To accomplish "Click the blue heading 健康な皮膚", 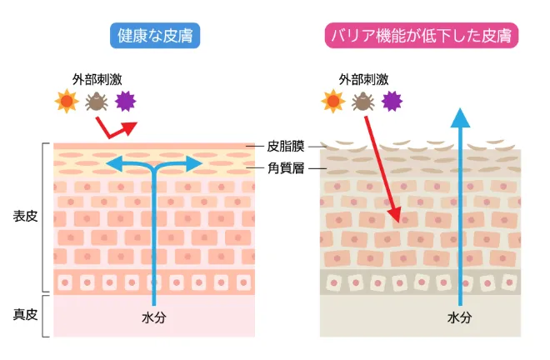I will point(155,36).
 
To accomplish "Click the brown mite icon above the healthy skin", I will point(95,102).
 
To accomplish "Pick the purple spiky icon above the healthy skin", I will point(126,102).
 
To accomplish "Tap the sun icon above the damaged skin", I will point(332,102).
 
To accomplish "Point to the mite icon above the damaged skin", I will point(362,102).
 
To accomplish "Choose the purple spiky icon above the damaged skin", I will point(392,102).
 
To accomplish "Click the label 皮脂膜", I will point(286,147).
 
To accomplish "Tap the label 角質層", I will point(286,167).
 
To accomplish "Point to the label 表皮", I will point(24,217).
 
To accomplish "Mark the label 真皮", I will point(24,314).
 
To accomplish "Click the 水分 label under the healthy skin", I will point(154,317).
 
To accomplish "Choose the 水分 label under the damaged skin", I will point(459,317).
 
